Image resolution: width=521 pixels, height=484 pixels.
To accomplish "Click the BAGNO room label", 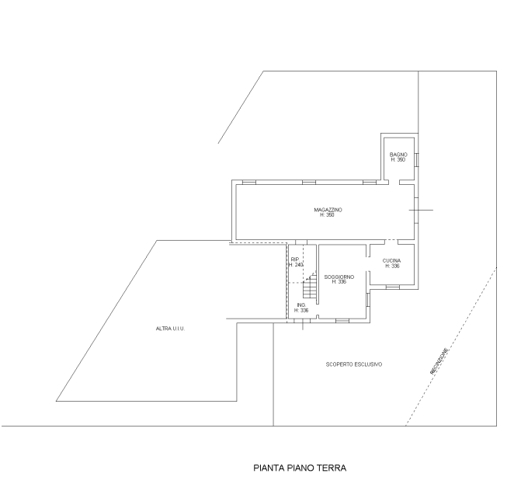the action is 398,155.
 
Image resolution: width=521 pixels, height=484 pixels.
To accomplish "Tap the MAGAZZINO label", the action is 328,210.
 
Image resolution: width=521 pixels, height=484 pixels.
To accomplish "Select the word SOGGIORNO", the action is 339,277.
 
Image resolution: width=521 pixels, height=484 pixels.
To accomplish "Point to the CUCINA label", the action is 391,261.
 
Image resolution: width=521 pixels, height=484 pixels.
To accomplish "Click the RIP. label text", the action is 295,259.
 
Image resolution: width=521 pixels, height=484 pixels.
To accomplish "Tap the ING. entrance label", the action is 301,305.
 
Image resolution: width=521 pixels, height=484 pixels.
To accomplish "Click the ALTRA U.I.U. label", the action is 170,329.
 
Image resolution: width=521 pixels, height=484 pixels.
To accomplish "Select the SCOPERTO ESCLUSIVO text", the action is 354,364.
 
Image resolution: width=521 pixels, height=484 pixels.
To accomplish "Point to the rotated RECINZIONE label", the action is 439,361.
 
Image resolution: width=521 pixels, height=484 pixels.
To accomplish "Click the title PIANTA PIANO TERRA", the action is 300,468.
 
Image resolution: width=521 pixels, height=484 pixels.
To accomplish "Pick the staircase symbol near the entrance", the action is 309,286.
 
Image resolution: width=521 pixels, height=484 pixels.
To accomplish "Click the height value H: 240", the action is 296,265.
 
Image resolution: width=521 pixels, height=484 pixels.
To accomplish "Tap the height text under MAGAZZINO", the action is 327,215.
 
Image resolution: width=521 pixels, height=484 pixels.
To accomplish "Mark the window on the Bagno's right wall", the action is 416,159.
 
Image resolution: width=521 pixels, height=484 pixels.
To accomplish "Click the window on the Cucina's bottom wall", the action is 392,287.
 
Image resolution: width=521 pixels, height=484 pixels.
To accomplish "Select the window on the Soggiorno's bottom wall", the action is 342,321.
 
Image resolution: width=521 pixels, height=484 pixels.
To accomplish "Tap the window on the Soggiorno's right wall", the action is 368,300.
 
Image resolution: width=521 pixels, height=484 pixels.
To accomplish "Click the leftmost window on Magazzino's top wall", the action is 249,182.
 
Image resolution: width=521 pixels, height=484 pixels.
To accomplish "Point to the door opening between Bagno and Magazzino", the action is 394,182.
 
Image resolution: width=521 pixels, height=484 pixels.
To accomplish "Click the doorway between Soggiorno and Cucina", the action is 368,264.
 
